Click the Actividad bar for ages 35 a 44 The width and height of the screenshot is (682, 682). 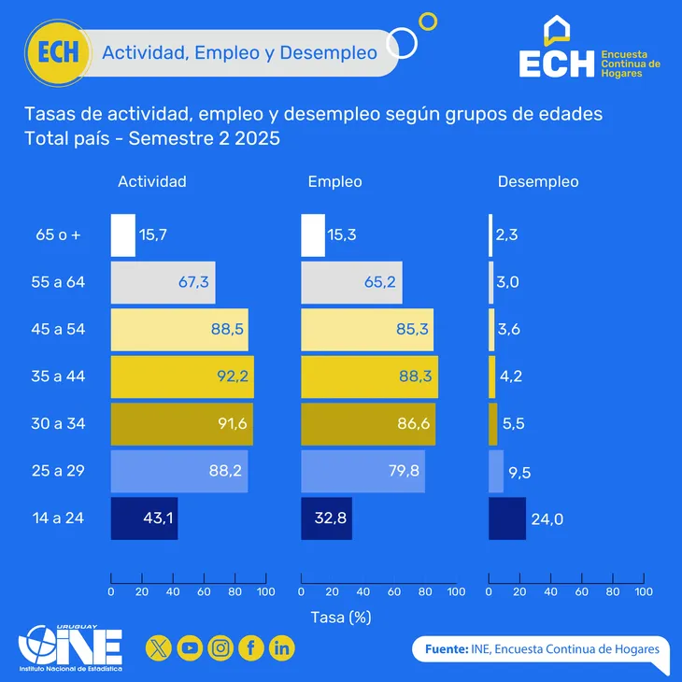click(182, 377)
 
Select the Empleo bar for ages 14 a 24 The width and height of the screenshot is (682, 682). click(326, 519)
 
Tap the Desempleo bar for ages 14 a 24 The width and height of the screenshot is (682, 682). click(506, 519)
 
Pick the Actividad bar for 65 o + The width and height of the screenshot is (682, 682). click(123, 235)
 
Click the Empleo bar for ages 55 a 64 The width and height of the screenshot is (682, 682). click(351, 282)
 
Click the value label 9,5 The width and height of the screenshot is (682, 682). click(519, 473)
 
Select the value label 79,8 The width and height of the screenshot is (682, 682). click(404, 471)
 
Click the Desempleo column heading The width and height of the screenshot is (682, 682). click(537, 182)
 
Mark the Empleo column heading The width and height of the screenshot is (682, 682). click(334, 182)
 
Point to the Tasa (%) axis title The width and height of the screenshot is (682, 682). click(341, 618)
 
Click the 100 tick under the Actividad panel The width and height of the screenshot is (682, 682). click(265, 592)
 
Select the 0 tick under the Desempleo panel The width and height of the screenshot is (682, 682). click(489, 592)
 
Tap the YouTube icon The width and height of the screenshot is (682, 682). click(190, 646)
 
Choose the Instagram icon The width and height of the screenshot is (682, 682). click(220, 646)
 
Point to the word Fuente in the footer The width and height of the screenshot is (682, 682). click(445, 648)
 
